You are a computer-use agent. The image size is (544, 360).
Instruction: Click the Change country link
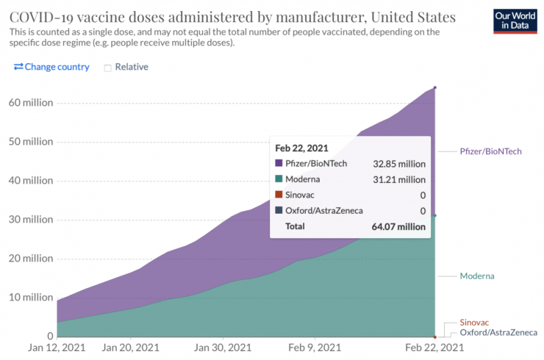[x=51, y=67]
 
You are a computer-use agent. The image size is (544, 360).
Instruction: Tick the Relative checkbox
[x=107, y=68]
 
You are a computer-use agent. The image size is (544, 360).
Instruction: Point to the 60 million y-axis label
[x=27, y=103]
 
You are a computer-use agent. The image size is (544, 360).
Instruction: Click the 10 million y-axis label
[x=27, y=298]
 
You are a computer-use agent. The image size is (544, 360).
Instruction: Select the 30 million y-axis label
[x=27, y=220]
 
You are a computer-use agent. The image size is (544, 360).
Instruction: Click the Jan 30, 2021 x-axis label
[x=222, y=348]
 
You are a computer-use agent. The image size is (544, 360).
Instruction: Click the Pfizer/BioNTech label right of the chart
[x=491, y=151]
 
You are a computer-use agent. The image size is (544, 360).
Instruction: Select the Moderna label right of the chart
[x=477, y=276]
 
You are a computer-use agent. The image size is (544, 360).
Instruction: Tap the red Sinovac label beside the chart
[x=474, y=323]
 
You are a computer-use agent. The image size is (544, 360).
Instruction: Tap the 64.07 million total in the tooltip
[x=398, y=227]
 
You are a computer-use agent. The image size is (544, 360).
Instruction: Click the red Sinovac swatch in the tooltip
[x=279, y=195]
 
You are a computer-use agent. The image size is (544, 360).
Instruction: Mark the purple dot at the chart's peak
[x=435, y=88]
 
